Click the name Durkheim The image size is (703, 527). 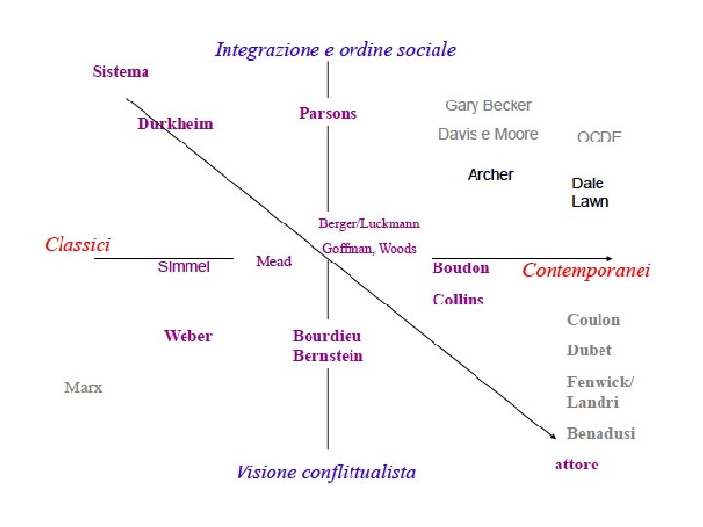click(x=175, y=124)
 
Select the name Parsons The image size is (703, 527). click(x=328, y=114)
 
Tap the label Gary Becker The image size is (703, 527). click(x=488, y=105)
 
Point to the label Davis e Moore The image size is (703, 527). click(x=488, y=134)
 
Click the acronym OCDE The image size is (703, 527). click(x=600, y=137)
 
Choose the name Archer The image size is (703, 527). click(x=490, y=174)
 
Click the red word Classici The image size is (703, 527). click(x=78, y=245)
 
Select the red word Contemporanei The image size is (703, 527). click(x=587, y=270)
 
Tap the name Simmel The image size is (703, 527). click(x=184, y=266)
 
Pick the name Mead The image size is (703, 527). click(x=273, y=262)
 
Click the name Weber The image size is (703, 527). click(x=188, y=336)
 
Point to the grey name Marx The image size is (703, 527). click(x=83, y=387)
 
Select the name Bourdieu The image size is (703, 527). click(x=327, y=335)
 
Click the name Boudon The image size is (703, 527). click(x=461, y=268)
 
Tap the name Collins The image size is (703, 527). click(x=458, y=299)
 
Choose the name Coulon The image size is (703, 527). click(x=594, y=319)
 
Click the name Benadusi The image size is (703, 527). click(x=600, y=433)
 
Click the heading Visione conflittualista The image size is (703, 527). click(x=326, y=472)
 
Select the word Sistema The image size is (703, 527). click(x=121, y=71)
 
